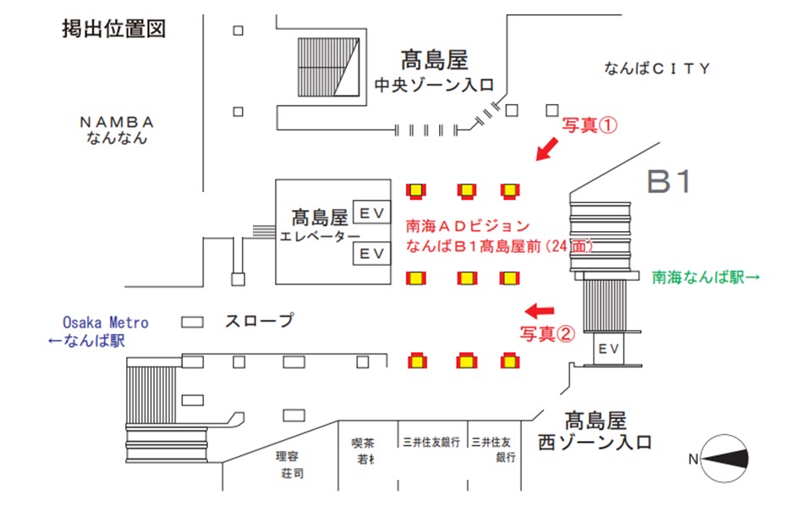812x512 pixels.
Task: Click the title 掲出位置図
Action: coord(112,30)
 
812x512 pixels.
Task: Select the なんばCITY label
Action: coord(657,69)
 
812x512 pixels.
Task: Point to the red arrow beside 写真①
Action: coord(548,150)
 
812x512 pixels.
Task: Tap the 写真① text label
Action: coord(591,125)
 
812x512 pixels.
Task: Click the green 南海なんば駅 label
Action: coord(706,276)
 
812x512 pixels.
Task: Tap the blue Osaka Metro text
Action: coord(106,322)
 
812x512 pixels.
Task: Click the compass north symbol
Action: coord(720,458)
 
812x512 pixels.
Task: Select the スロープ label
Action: coord(258,321)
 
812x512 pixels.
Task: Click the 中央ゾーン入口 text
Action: coord(435,85)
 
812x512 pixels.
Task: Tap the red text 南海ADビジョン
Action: coord(468,226)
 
